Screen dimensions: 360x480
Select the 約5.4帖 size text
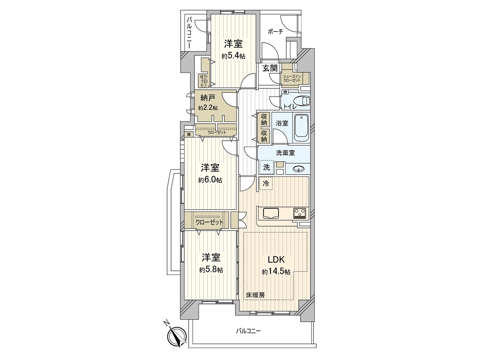point(233,56)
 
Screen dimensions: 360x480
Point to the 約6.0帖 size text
point(210,180)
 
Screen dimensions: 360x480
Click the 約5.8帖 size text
point(211,270)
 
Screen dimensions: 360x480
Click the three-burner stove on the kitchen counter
point(300,213)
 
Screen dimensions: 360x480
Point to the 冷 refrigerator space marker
point(266,183)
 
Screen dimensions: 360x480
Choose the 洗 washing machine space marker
point(266,167)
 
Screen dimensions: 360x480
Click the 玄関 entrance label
point(270,68)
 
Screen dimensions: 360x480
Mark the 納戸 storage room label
point(208,97)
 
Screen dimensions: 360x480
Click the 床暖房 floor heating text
point(256,295)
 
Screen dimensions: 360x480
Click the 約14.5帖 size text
point(276,272)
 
